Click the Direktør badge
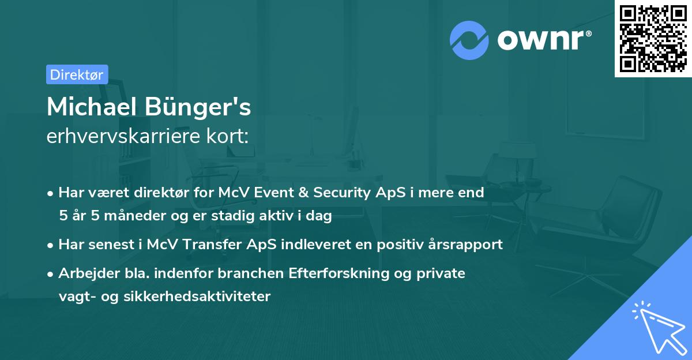click(77, 74)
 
